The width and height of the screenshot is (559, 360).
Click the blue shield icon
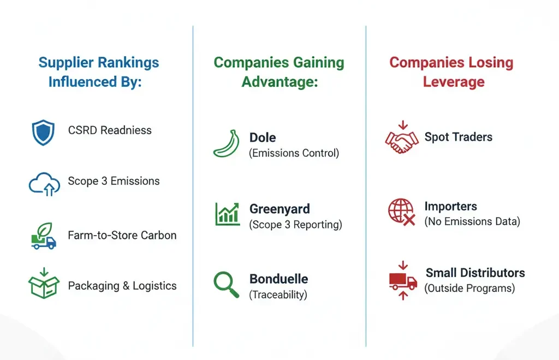43,132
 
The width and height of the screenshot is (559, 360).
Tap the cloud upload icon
44,184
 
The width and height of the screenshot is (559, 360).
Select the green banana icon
227,143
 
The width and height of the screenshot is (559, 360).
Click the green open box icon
44,283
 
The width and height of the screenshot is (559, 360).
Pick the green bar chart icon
227,214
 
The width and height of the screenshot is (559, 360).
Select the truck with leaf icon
44,236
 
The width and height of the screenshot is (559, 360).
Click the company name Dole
263,137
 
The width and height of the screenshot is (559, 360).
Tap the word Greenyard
279,209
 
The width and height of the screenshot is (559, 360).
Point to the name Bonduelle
279,279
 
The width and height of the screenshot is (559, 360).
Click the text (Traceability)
278,295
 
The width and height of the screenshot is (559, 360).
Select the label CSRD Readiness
110,130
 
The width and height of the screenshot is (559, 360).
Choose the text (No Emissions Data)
472,221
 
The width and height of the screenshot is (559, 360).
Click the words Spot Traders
459,137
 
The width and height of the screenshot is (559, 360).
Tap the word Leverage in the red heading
454,82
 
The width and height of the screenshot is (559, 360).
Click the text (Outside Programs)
469,288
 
